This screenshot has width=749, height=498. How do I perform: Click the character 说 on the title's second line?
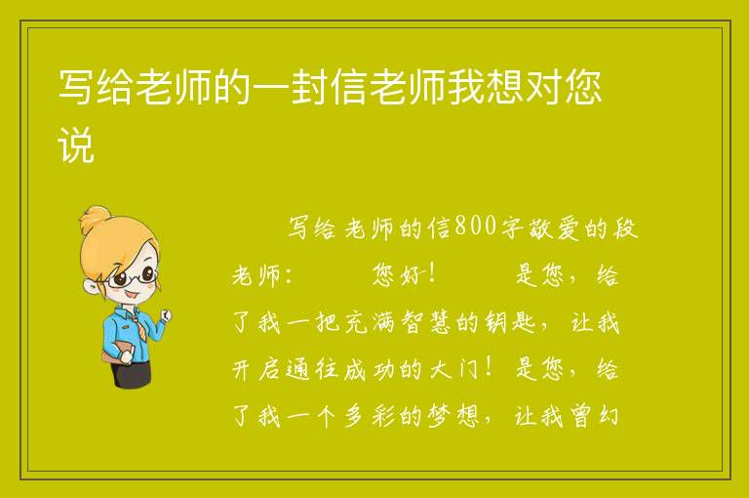(x=75, y=145)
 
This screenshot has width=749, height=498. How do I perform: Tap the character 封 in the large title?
(x=309, y=87)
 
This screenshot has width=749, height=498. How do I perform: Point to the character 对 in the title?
(x=543, y=87)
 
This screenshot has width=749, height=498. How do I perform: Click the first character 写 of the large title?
(x=75, y=87)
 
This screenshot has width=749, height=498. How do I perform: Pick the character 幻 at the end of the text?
(x=609, y=416)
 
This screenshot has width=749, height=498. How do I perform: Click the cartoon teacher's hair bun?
(x=94, y=219)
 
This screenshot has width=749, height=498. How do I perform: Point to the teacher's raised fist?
(x=166, y=314)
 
